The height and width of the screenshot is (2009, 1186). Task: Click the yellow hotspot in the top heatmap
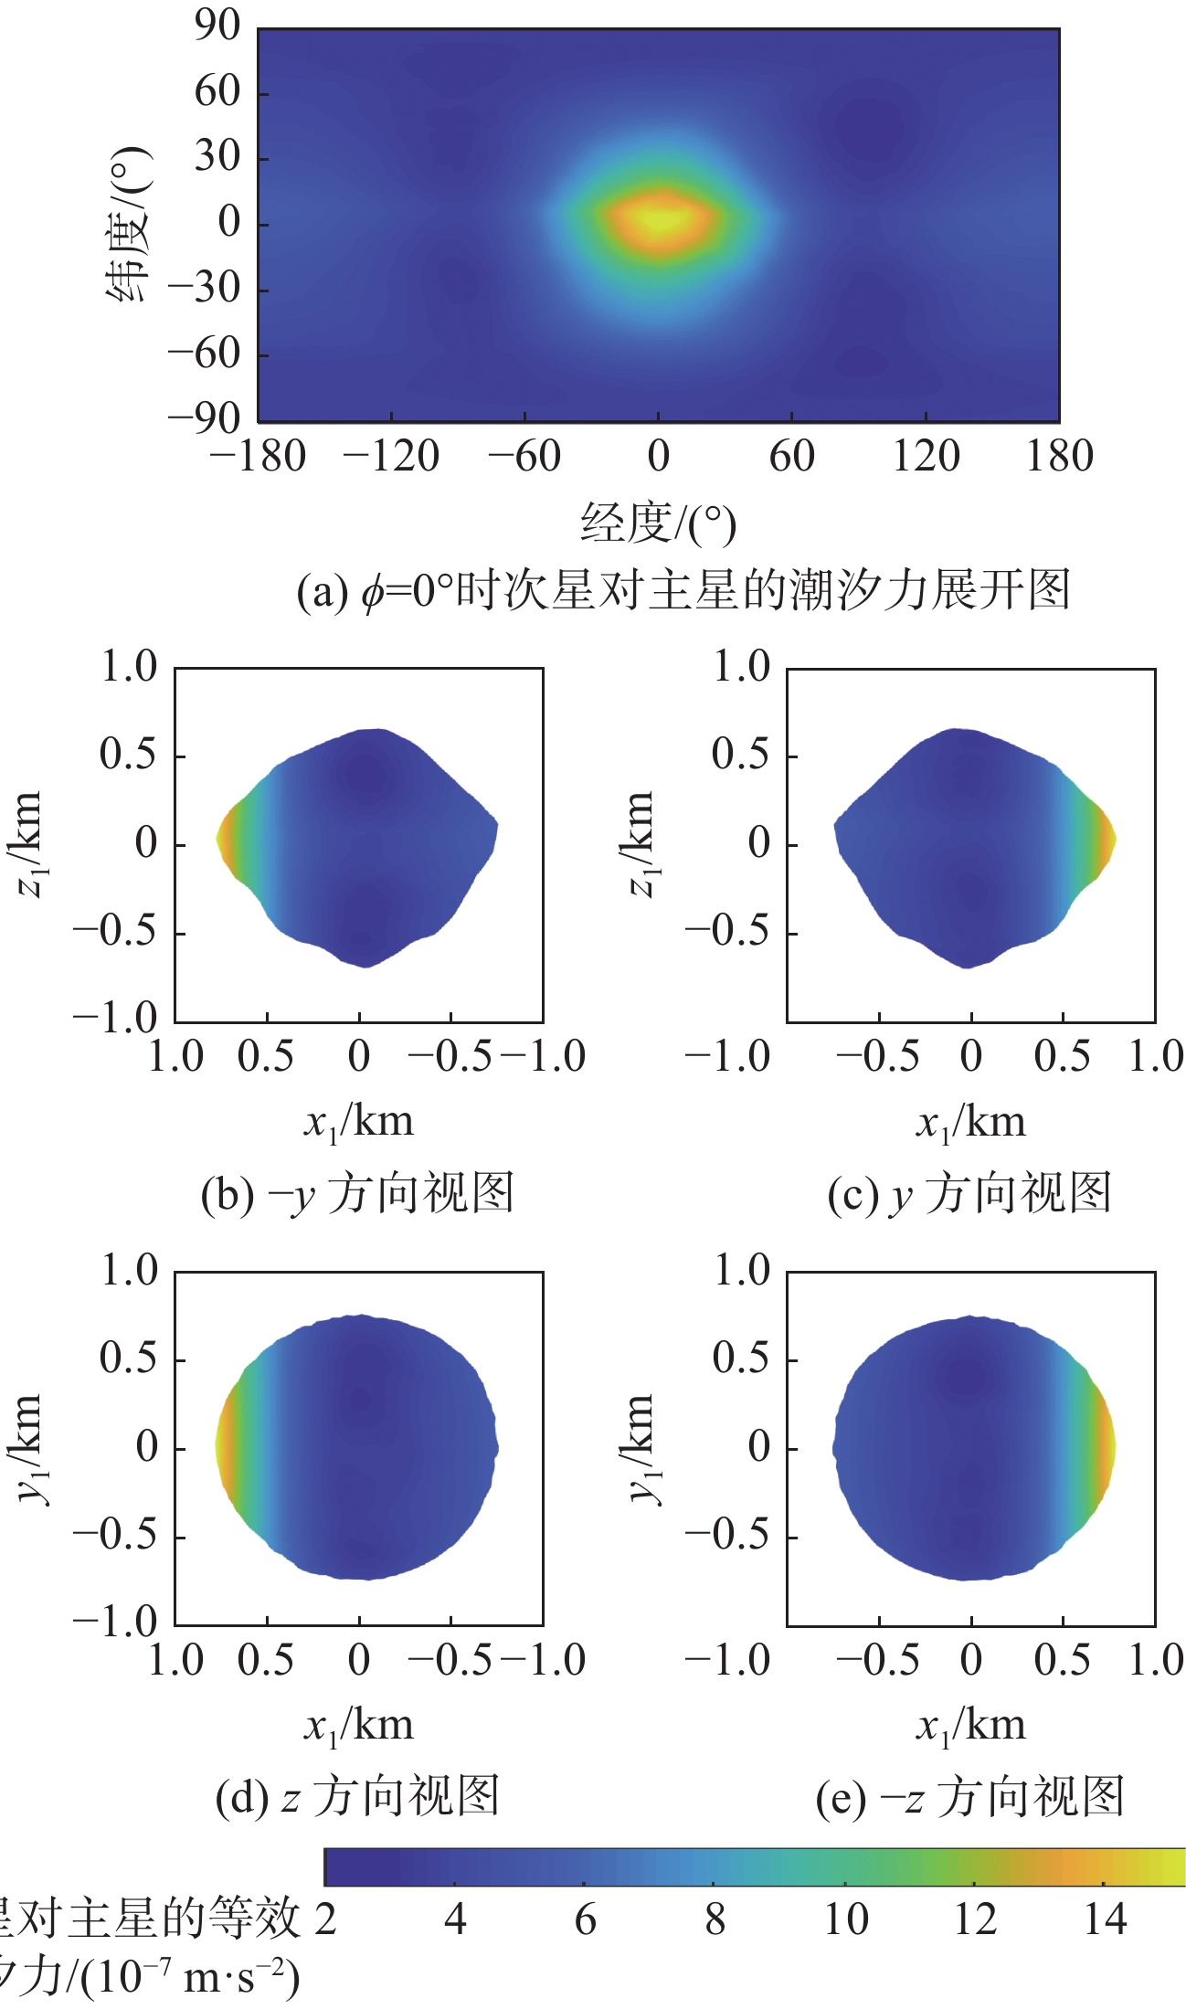click(x=660, y=219)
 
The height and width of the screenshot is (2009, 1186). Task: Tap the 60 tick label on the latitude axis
click(x=217, y=92)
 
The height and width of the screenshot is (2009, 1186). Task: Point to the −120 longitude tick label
click(x=390, y=456)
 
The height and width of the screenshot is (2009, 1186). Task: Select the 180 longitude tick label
click(x=1059, y=456)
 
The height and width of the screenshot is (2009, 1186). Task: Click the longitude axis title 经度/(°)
click(x=658, y=523)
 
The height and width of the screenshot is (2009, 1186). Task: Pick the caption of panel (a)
click(x=683, y=591)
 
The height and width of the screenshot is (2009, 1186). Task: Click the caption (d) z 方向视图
click(x=357, y=1797)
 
